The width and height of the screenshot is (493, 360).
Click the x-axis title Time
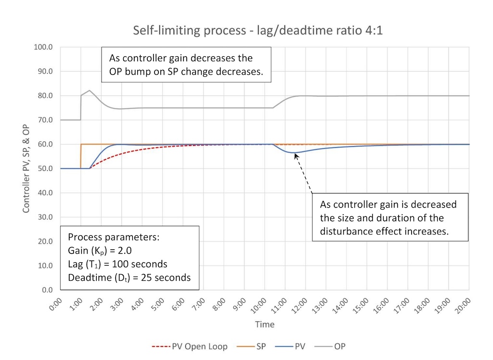[x=264, y=324]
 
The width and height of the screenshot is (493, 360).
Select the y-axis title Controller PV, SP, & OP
[x=27, y=168]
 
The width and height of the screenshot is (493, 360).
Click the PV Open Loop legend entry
[x=190, y=346]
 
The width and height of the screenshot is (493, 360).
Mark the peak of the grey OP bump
[x=90, y=90]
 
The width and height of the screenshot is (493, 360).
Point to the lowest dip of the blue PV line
[x=295, y=153]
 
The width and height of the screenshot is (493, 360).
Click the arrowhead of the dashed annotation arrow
[x=296, y=155]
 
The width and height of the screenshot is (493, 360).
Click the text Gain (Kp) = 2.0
[x=100, y=251]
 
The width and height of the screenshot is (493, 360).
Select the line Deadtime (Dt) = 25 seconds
[x=129, y=278]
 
